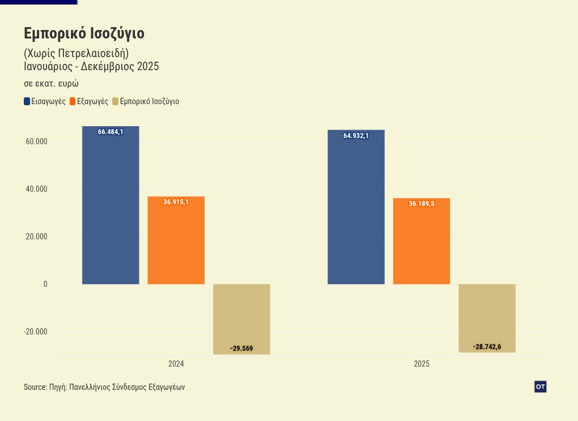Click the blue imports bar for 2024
tap(110, 209)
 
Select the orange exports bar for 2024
tap(176, 243)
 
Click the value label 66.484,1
tap(110, 132)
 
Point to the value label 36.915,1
tap(176, 202)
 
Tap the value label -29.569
tap(241, 349)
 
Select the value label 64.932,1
tap(356, 136)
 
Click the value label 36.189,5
tap(421, 204)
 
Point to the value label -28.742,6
tap(487, 347)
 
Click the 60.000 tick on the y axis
tap(36, 141)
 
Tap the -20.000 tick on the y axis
tap(35, 332)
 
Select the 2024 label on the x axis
tap(176, 364)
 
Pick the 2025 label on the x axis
tap(421, 364)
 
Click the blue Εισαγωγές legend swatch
tap(27, 102)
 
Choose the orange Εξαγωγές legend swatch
tap(73, 102)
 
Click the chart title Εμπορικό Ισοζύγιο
tap(84, 34)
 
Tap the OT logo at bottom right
tap(540, 386)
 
